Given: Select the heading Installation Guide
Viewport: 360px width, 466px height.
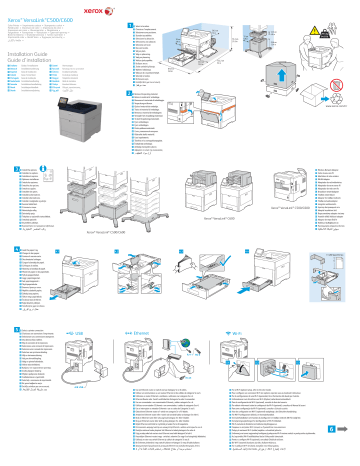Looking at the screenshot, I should point(31,45).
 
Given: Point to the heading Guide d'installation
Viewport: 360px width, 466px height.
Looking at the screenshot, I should point(34,53).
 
